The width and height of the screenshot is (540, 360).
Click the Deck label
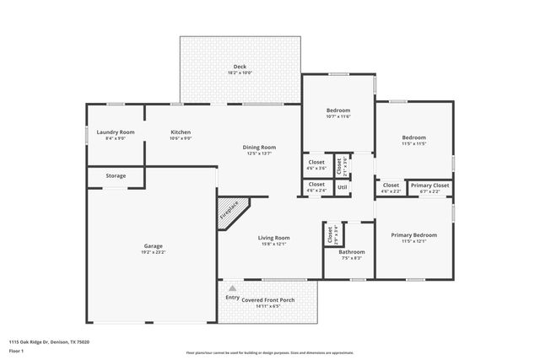pos(240,67)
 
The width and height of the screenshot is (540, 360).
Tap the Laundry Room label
pos(116,132)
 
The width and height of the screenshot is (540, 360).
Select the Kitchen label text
pos(181,132)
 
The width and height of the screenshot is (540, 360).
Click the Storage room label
pos(116,175)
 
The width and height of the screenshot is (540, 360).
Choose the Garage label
pos(153,246)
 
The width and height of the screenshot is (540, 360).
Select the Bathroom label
pos(352,251)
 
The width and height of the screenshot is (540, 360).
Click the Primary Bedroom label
pos(413,235)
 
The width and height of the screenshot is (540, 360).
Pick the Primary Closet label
pos(429,185)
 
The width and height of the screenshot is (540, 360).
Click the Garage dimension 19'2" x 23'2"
pos(153,253)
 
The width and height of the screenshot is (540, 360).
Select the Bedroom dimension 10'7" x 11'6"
pos(337,116)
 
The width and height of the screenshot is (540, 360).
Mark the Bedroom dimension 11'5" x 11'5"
pos(413,144)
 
